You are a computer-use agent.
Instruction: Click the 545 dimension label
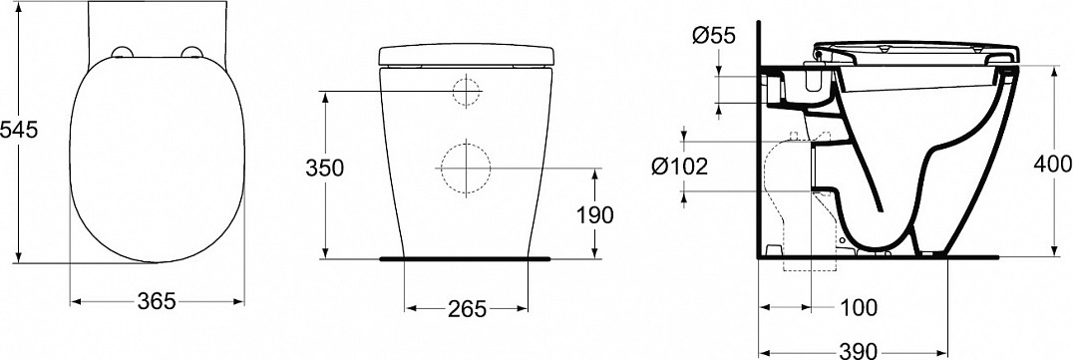(19, 129)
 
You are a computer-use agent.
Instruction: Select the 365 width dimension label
(158, 300)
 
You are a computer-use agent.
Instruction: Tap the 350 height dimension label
(324, 167)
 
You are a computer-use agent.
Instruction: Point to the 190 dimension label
(594, 214)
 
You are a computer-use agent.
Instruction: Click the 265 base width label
(467, 309)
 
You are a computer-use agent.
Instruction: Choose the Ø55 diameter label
(713, 36)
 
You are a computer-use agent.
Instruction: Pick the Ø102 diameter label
(679, 166)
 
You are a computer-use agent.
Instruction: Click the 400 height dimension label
(1052, 164)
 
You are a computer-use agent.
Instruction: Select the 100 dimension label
(858, 308)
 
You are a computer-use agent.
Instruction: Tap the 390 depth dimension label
(859, 350)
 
